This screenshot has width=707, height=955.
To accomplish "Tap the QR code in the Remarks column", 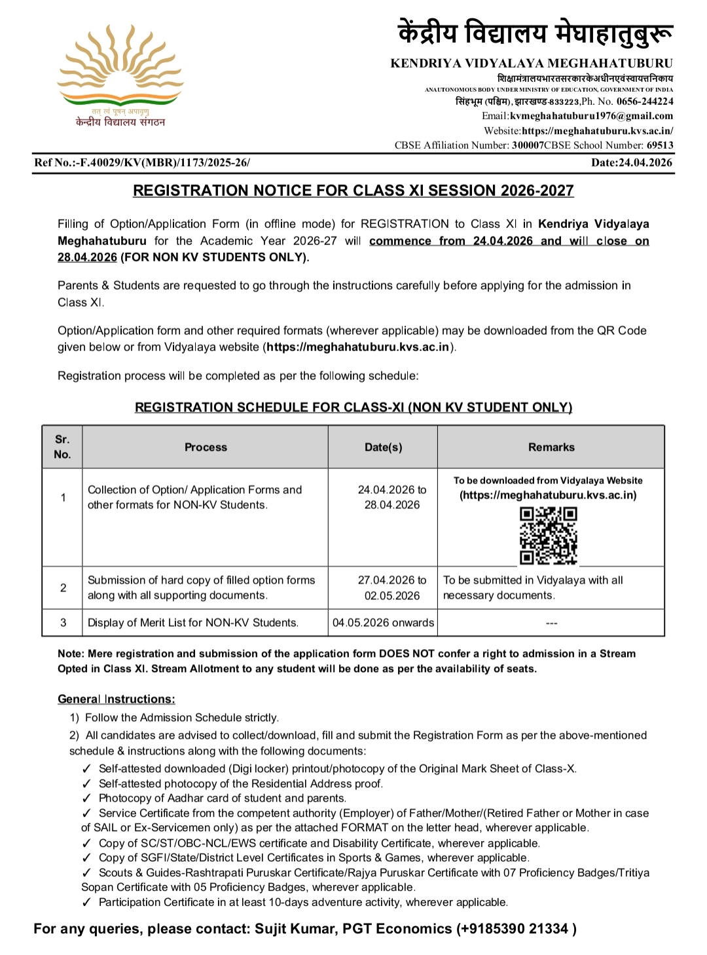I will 548,535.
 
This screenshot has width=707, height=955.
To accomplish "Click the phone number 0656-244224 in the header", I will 644,102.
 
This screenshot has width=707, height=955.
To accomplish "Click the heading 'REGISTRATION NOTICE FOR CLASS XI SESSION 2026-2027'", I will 353,191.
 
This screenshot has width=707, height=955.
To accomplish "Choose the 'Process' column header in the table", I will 206,447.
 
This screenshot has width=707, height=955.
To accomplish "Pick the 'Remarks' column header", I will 551,447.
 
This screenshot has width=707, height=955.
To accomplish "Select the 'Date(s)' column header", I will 384,447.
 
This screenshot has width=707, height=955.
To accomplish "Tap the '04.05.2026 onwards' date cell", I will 383,623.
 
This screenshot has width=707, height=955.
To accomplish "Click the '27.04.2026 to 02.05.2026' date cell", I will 392,588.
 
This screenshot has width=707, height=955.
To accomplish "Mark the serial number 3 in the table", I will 63,623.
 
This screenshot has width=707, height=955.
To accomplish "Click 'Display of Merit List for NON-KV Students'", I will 192,623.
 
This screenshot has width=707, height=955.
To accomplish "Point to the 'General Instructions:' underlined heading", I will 117,699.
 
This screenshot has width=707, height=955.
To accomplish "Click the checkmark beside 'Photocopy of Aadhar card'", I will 87,798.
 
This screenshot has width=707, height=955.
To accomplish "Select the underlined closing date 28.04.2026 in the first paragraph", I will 87,257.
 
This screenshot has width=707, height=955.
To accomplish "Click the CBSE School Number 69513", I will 660,145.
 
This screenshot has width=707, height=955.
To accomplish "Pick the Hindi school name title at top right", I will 535,33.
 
